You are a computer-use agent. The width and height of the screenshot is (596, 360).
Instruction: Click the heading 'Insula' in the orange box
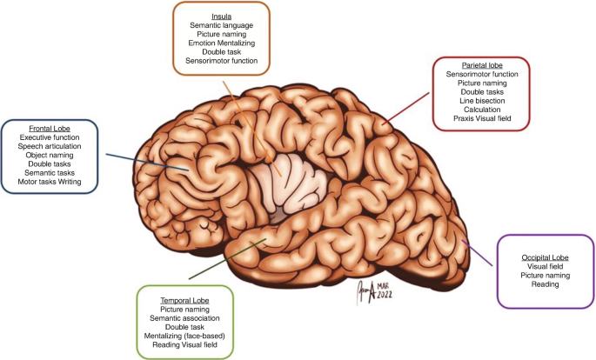click(x=220, y=15)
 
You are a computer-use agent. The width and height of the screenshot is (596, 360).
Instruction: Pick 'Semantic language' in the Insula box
click(x=220, y=25)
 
